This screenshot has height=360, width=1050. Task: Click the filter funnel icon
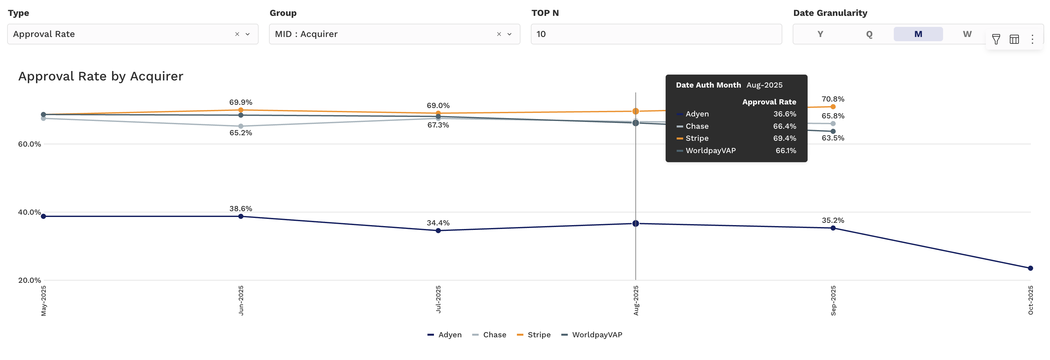[996, 39]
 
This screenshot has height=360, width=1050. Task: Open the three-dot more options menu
[1032, 39]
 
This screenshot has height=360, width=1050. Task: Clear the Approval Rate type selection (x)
[237, 34]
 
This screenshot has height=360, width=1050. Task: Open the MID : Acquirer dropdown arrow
[509, 34]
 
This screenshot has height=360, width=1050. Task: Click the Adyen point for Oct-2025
[1030, 268]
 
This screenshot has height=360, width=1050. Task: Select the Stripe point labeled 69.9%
[241, 110]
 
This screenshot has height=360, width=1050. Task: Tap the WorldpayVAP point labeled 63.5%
[833, 131]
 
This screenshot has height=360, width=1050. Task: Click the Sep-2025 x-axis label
[833, 300]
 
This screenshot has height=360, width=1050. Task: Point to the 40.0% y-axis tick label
[29, 212]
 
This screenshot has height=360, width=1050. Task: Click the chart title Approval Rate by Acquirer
[101, 76]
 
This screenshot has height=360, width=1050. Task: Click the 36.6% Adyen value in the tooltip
[784, 114]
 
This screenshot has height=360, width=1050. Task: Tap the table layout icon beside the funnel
[1014, 39]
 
